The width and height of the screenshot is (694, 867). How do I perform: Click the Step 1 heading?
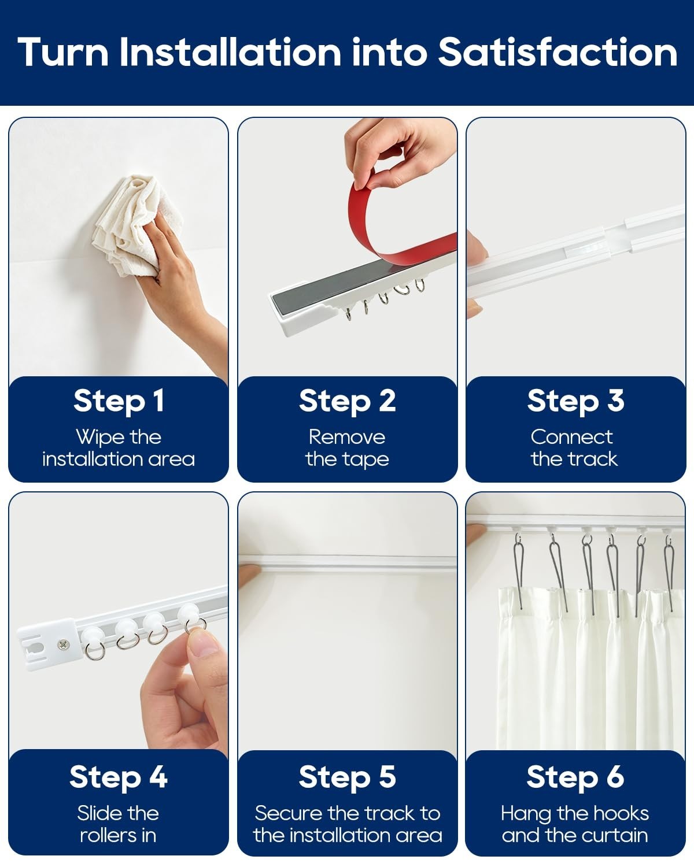[119, 401]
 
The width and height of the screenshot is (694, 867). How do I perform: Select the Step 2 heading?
[347, 401]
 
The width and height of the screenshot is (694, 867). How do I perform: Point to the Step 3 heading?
[575, 401]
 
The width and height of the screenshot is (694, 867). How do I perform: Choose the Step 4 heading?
[118, 777]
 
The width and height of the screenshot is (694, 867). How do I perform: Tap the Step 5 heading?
[347, 777]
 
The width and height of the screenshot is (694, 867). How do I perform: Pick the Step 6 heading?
[575, 777]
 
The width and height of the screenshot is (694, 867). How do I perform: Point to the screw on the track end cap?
[63, 645]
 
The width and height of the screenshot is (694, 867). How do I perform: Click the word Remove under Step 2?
[347, 437]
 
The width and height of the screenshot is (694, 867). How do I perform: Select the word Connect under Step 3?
[572, 437]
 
